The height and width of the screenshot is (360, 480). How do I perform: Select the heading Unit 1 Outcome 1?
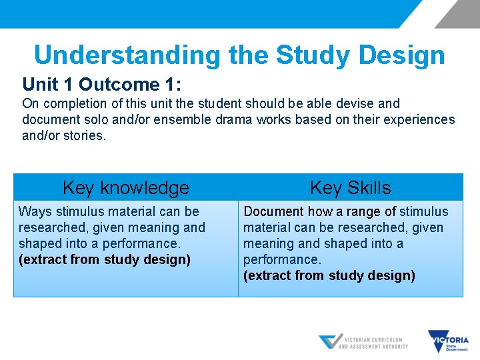pos(102,85)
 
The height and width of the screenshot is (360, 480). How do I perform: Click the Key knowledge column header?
pos(125,188)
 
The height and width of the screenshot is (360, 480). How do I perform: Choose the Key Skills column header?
pos(350,188)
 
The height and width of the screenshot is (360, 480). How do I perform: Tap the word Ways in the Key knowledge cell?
pos(33,211)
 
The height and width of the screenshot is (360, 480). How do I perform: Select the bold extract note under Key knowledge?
pos(105,259)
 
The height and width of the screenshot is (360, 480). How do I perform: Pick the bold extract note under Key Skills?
pos(329,275)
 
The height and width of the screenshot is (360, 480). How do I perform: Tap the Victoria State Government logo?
pos(448,341)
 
